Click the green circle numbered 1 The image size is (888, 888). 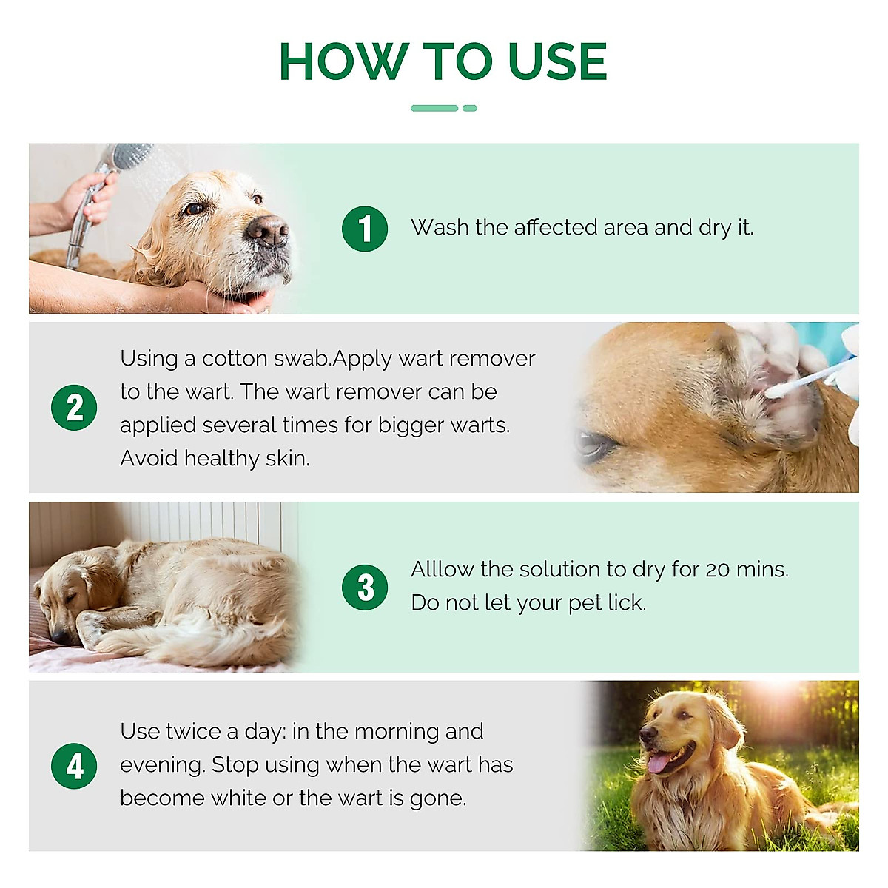click(x=365, y=229)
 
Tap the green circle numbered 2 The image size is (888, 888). click(x=74, y=408)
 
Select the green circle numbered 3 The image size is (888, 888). click(x=365, y=588)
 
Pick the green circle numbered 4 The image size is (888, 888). click(x=74, y=766)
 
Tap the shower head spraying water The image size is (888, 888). click(x=132, y=156)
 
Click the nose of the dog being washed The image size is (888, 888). click(x=268, y=231)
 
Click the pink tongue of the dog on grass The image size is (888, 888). click(x=659, y=762)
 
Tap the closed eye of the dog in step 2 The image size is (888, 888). click(x=596, y=444)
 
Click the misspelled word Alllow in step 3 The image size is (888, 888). click(x=443, y=569)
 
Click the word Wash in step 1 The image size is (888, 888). click(x=440, y=227)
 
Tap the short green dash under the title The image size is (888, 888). click(x=470, y=108)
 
